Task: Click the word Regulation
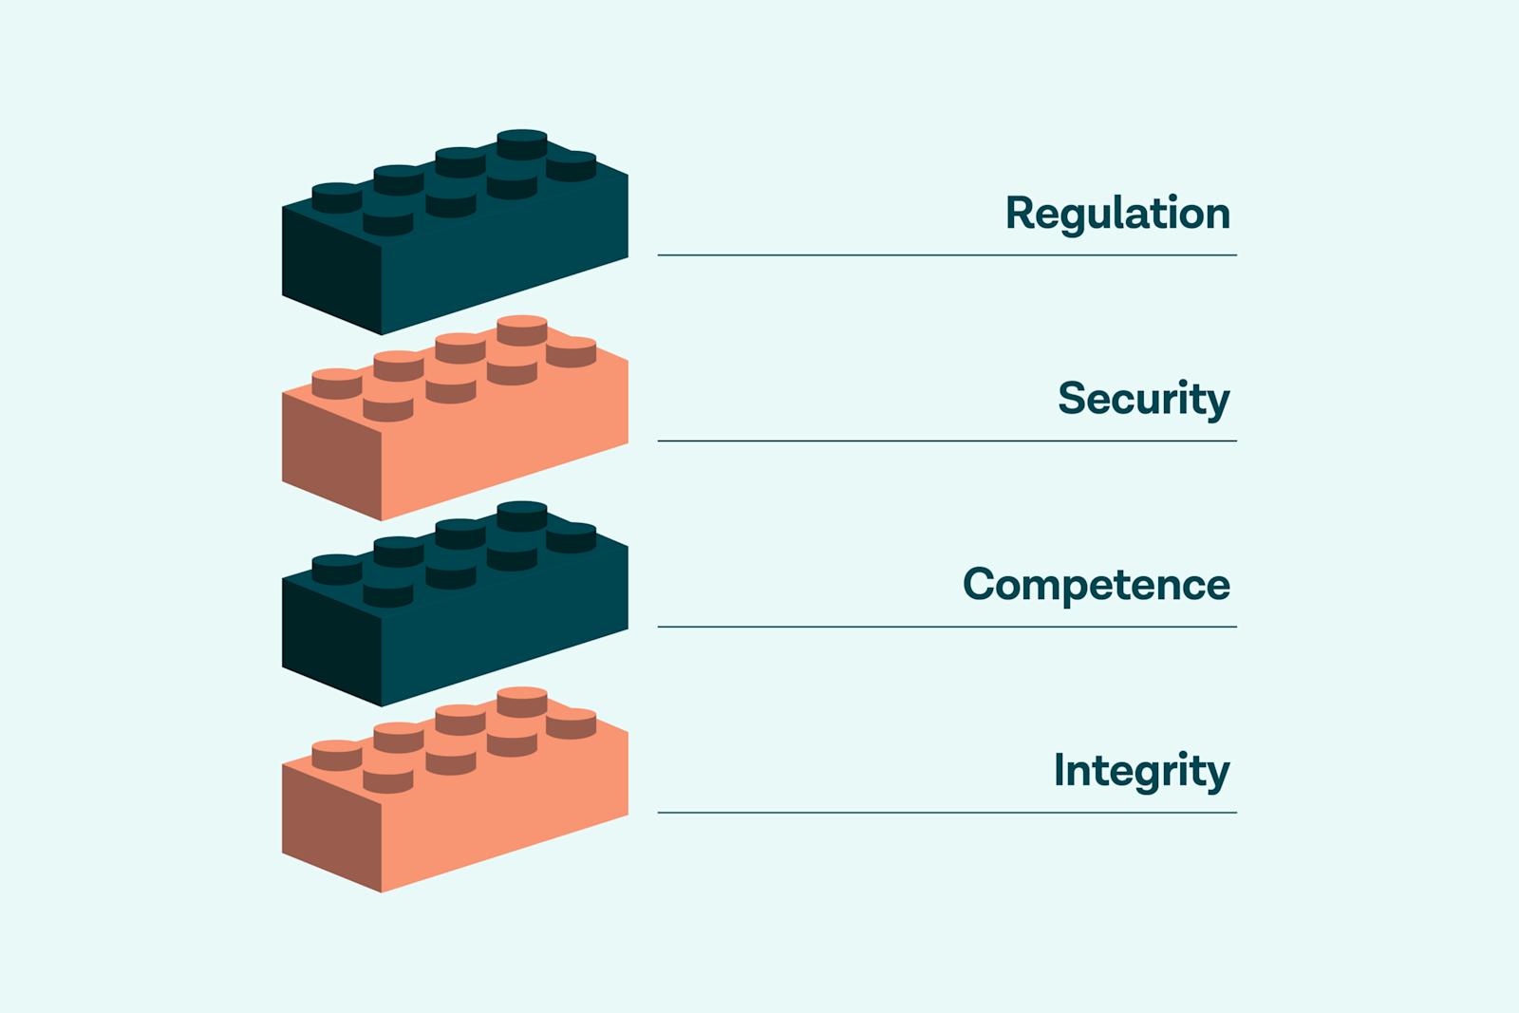(x=1117, y=214)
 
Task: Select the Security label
(x=1143, y=399)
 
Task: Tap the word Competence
(x=1096, y=585)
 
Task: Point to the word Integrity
(x=1141, y=771)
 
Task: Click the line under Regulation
(x=947, y=255)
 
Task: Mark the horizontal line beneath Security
(x=947, y=441)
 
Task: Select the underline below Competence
(x=947, y=627)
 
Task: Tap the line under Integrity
(x=947, y=813)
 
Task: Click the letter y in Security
(x=1216, y=403)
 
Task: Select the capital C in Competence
(x=980, y=585)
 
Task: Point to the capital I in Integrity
(x=1060, y=770)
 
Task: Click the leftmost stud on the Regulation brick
(x=337, y=197)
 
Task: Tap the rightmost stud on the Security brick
(x=572, y=351)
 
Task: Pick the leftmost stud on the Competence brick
(x=337, y=569)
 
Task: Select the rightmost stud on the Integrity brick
(x=572, y=722)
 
